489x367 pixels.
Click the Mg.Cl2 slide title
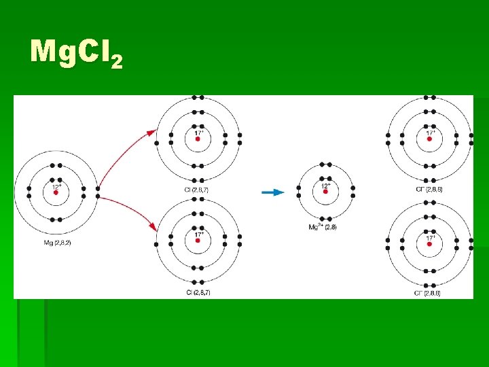point(76,53)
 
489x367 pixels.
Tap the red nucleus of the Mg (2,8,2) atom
point(56,193)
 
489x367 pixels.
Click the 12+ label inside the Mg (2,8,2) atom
point(56,186)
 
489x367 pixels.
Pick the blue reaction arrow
point(272,192)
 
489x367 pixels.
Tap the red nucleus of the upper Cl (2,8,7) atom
point(198,139)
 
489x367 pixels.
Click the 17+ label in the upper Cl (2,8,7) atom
point(198,131)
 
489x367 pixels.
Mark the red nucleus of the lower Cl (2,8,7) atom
point(198,243)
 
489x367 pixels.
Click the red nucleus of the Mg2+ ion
point(325,192)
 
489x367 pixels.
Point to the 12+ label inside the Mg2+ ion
point(326,185)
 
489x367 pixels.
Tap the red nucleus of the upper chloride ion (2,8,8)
point(429,139)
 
